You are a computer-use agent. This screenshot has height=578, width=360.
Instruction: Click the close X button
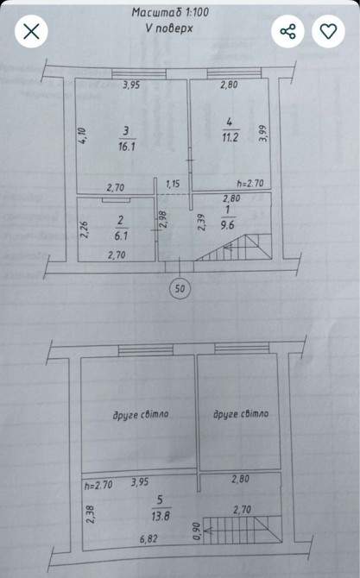tap(31, 31)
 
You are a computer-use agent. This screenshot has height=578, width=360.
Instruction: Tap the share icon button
tap(287, 31)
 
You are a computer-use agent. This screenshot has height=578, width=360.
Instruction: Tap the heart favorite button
tap(328, 31)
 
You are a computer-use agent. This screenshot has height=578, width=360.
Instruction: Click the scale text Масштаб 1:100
tap(170, 12)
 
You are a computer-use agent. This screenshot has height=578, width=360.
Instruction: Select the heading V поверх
tap(169, 28)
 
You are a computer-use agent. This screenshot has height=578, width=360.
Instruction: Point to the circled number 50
tap(180, 288)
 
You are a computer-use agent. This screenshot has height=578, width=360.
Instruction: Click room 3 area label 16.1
tap(127, 147)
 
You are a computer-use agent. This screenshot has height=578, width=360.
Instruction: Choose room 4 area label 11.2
tap(231, 137)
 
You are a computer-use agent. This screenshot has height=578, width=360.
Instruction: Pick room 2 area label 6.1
tap(121, 236)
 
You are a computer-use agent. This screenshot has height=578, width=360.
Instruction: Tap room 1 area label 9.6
tap(227, 225)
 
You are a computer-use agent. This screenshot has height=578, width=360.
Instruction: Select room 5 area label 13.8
tap(160, 516)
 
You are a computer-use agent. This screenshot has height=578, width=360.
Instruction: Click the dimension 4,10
tap(82, 135)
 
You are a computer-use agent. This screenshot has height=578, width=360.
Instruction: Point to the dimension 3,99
tap(263, 134)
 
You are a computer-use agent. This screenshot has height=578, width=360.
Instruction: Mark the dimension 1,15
tap(173, 184)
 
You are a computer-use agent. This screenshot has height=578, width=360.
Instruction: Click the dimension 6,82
tap(148, 539)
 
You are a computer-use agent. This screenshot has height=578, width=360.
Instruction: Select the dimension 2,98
tap(164, 220)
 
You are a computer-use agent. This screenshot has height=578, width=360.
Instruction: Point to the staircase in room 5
tap(243, 531)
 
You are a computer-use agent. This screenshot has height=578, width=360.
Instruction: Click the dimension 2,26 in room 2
tap(85, 229)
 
